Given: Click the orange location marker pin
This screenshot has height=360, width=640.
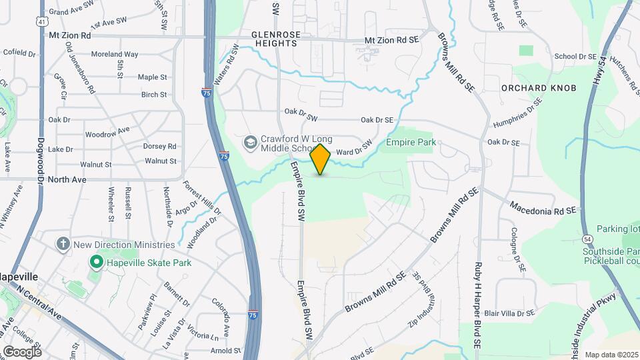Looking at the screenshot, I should pos(321,159).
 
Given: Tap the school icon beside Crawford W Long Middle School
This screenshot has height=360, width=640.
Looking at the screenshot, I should pos(250,141).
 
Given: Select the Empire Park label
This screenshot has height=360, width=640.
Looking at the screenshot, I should pos(411,142).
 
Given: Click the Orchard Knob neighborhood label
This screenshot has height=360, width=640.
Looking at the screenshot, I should pos(529,88).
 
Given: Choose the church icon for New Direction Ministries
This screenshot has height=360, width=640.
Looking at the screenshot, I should pos(63,244).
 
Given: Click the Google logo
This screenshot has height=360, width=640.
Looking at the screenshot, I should pos(21,351).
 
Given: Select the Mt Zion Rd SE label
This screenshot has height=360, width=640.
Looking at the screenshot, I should pos(391,40).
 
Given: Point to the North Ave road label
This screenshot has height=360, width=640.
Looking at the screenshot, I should pos(68,179).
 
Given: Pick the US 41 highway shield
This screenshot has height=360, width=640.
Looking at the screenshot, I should pos(41,21).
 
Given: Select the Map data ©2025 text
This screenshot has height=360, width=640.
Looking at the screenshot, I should pos(611,355).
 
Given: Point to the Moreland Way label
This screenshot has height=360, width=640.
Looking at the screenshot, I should pos(115,54).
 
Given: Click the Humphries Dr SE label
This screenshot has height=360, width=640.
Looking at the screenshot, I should pos(517,113).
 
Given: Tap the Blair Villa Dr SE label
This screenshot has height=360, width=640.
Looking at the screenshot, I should pos(510,312).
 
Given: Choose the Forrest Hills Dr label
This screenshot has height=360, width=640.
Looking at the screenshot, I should pos(203,200).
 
